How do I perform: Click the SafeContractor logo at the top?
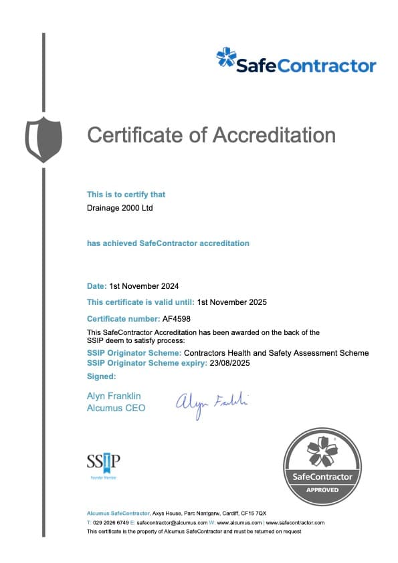(296, 61)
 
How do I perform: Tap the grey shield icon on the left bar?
(43, 139)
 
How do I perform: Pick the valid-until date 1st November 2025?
(232, 302)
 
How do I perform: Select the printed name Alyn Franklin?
(114, 397)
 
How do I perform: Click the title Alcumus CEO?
(116, 408)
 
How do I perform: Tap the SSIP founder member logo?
(103, 464)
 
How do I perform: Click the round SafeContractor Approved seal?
(322, 467)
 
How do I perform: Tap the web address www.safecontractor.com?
(295, 522)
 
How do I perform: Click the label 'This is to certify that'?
(126, 195)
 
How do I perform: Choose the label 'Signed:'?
(101, 377)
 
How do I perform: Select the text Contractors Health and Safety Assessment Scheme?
(276, 353)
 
